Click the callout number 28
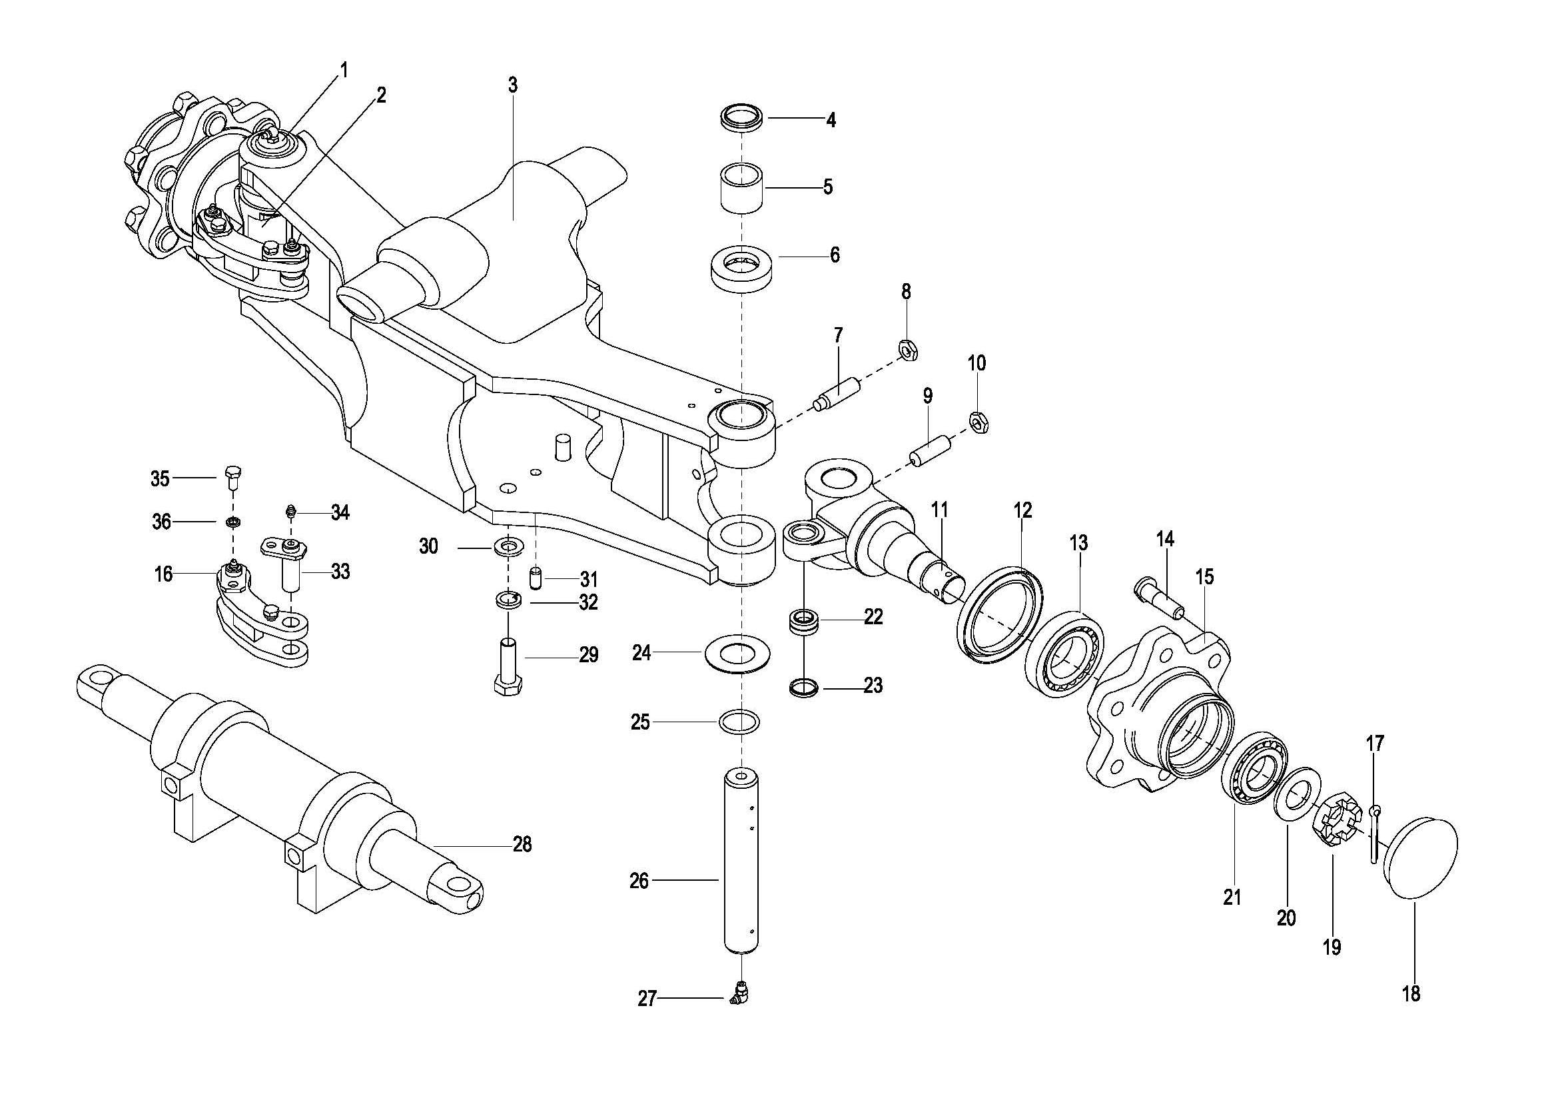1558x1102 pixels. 522,844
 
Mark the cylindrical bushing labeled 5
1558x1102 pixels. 741,187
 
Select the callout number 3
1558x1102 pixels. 513,85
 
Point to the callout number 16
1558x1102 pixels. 164,574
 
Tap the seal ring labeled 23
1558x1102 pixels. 804,688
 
